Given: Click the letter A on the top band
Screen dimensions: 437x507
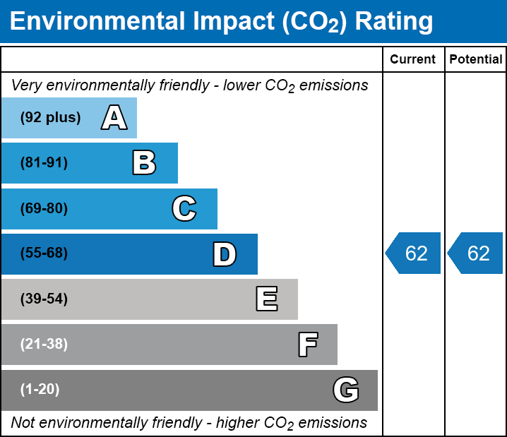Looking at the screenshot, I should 114,118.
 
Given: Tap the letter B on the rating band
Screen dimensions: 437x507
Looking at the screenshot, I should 144,163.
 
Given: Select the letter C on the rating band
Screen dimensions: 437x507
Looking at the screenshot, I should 184,208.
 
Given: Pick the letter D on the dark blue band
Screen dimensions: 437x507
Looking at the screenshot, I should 225,254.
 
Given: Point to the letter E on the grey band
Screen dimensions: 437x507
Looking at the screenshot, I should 266,299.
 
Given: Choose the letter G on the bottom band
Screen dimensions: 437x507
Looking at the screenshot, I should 346,390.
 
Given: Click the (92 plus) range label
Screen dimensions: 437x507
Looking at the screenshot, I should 50,118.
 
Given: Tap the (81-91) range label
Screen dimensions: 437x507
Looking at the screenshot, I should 44,163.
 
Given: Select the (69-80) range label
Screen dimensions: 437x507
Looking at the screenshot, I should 44,208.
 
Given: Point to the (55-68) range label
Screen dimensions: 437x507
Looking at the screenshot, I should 44,253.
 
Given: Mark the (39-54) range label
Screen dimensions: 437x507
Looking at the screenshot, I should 44,299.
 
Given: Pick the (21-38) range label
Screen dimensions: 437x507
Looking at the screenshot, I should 44,345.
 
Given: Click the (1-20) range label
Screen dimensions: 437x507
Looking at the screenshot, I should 40,390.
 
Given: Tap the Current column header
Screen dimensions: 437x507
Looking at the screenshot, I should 413,60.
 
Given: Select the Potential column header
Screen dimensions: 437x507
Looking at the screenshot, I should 476,60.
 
